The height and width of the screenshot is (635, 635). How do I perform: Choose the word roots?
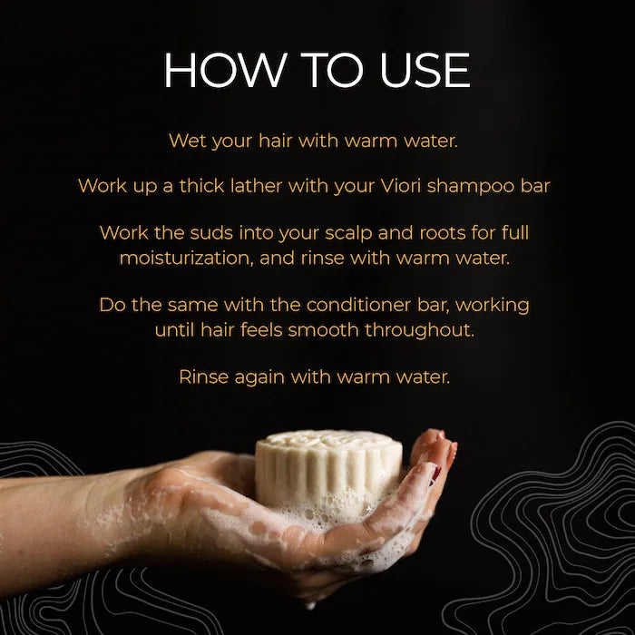[422, 233]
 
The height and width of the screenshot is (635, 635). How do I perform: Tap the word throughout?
[419, 330]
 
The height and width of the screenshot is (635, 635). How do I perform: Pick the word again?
[259, 377]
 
